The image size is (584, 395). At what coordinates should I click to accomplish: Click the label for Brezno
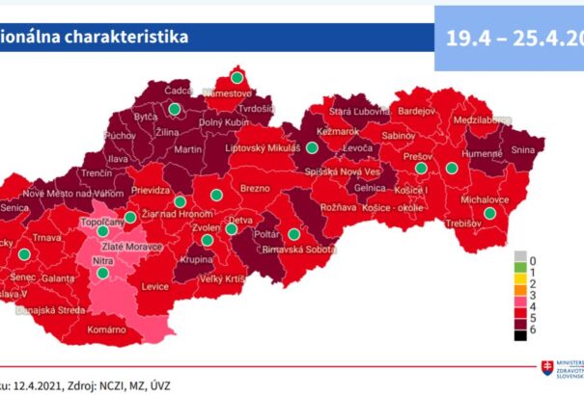[x=253, y=189]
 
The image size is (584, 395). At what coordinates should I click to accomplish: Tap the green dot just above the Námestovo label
[x=236, y=77]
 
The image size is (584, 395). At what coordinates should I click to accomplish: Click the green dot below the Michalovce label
[x=489, y=214]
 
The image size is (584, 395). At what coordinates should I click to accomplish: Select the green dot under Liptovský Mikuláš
[x=312, y=147]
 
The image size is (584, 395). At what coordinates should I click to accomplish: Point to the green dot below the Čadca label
[x=174, y=109]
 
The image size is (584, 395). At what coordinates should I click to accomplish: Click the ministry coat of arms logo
[x=548, y=371]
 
